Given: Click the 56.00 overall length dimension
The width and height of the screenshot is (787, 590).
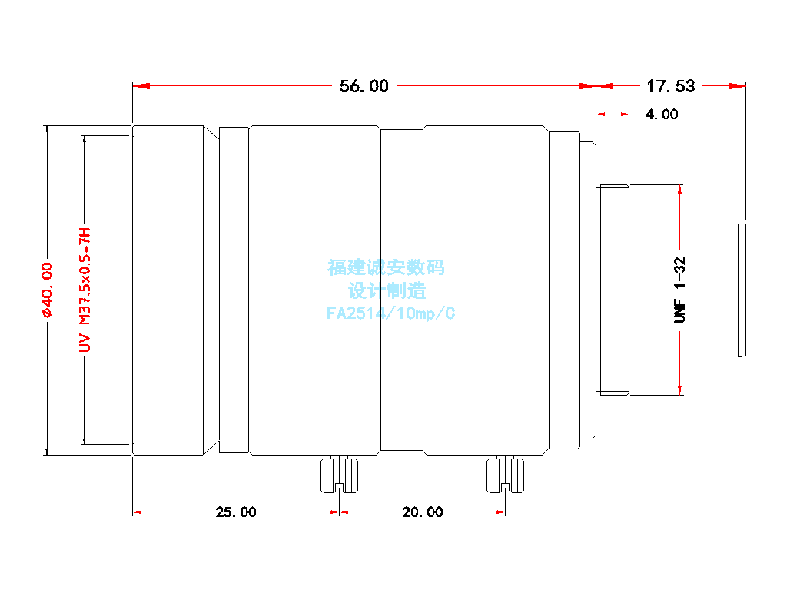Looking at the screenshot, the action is coord(364,86).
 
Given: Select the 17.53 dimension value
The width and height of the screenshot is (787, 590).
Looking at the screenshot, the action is coord(670,86).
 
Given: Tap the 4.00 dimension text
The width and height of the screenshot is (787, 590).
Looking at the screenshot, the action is coord(661,114).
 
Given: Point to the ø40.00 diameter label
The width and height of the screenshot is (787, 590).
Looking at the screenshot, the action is coord(46,290).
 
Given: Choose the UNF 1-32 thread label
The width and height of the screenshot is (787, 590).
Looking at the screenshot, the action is coord(679,290).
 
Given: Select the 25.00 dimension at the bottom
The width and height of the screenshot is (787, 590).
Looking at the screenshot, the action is coord(236,512).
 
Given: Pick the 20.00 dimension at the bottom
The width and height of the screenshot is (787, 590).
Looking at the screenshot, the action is coord(423,512).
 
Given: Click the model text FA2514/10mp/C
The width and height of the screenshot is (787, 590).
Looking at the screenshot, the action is coord(390,313).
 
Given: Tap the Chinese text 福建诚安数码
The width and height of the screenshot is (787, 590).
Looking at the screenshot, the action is coord(386,268).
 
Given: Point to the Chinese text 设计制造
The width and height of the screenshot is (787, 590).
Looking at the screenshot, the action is coord(386,291).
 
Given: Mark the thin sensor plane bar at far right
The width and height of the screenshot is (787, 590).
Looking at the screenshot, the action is coord(740,290).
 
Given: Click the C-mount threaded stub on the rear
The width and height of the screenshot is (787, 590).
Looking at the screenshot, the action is coord(614,290).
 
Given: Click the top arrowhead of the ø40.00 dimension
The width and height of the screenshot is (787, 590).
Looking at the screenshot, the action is coord(46,130).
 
